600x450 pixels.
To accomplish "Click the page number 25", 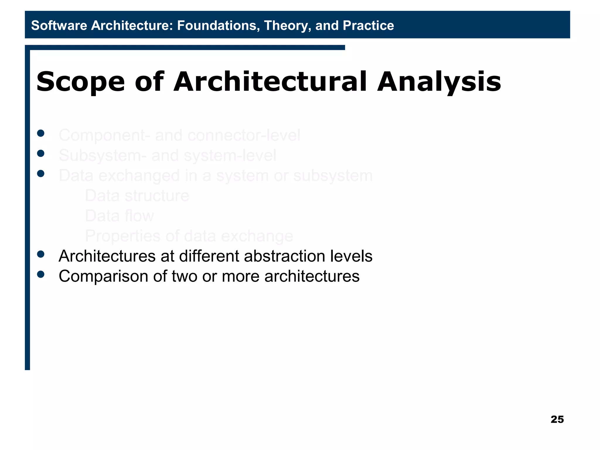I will pyautogui.click(x=557, y=419).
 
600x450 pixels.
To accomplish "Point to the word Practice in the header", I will pyautogui.click(x=368, y=25).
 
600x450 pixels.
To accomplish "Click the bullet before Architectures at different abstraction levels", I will pyautogui.click(x=41, y=254).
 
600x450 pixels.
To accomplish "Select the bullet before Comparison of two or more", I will pyautogui.click(x=41, y=274).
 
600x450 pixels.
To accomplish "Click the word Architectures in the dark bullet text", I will pyautogui.click(x=107, y=256).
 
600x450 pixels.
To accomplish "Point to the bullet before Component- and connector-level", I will pyautogui.click(x=41, y=133).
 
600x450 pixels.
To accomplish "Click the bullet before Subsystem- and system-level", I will pyautogui.click(x=41, y=153).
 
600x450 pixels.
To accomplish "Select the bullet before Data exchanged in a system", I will pyautogui.click(x=41, y=173).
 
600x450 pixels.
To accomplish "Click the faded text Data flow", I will pyautogui.click(x=119, y=216).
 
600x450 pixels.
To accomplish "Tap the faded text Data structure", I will pyautogui.click(x=137, y=196).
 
